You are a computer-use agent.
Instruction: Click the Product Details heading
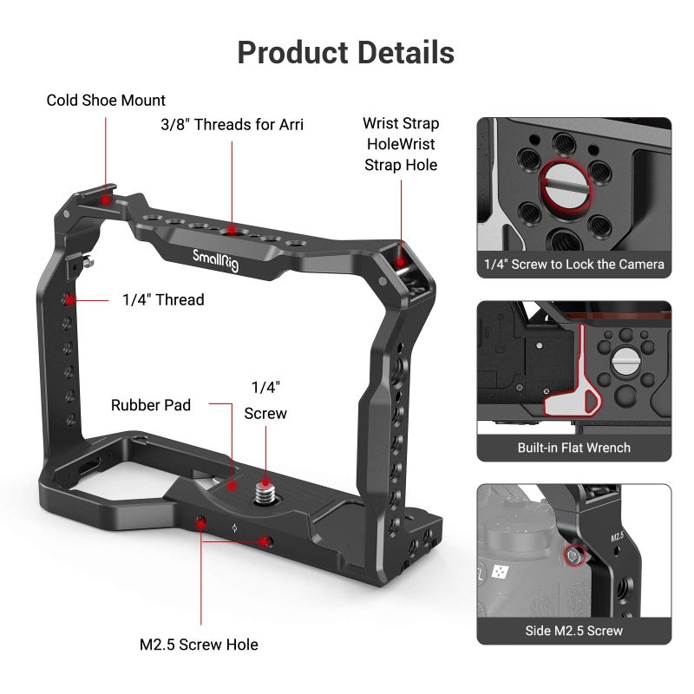coord(345,53)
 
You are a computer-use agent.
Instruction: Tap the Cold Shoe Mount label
coord(106,101)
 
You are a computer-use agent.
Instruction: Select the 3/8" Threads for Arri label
coord(232,124)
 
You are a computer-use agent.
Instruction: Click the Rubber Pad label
coord(151,405)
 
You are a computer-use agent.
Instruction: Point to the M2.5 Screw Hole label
coord(199,645)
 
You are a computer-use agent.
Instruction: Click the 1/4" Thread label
coord(163,300)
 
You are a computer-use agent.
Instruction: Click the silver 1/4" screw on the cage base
coord(263,494)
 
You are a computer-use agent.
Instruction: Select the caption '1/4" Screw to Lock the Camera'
coord(573,265)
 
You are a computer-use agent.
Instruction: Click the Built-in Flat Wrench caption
coord(573,448)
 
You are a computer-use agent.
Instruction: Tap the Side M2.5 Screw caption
coord(573,631)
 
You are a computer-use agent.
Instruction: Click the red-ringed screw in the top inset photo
coord(563,183)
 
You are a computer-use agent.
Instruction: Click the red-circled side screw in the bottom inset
coord(573,554)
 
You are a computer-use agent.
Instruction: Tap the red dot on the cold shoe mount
coord(106,200)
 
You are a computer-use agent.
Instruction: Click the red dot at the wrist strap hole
coord(401,257)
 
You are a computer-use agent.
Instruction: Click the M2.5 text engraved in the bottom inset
coord(618,537)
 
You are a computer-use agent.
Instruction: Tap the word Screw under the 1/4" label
coord(265,414)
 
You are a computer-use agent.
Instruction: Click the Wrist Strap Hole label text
coord(401,144)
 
